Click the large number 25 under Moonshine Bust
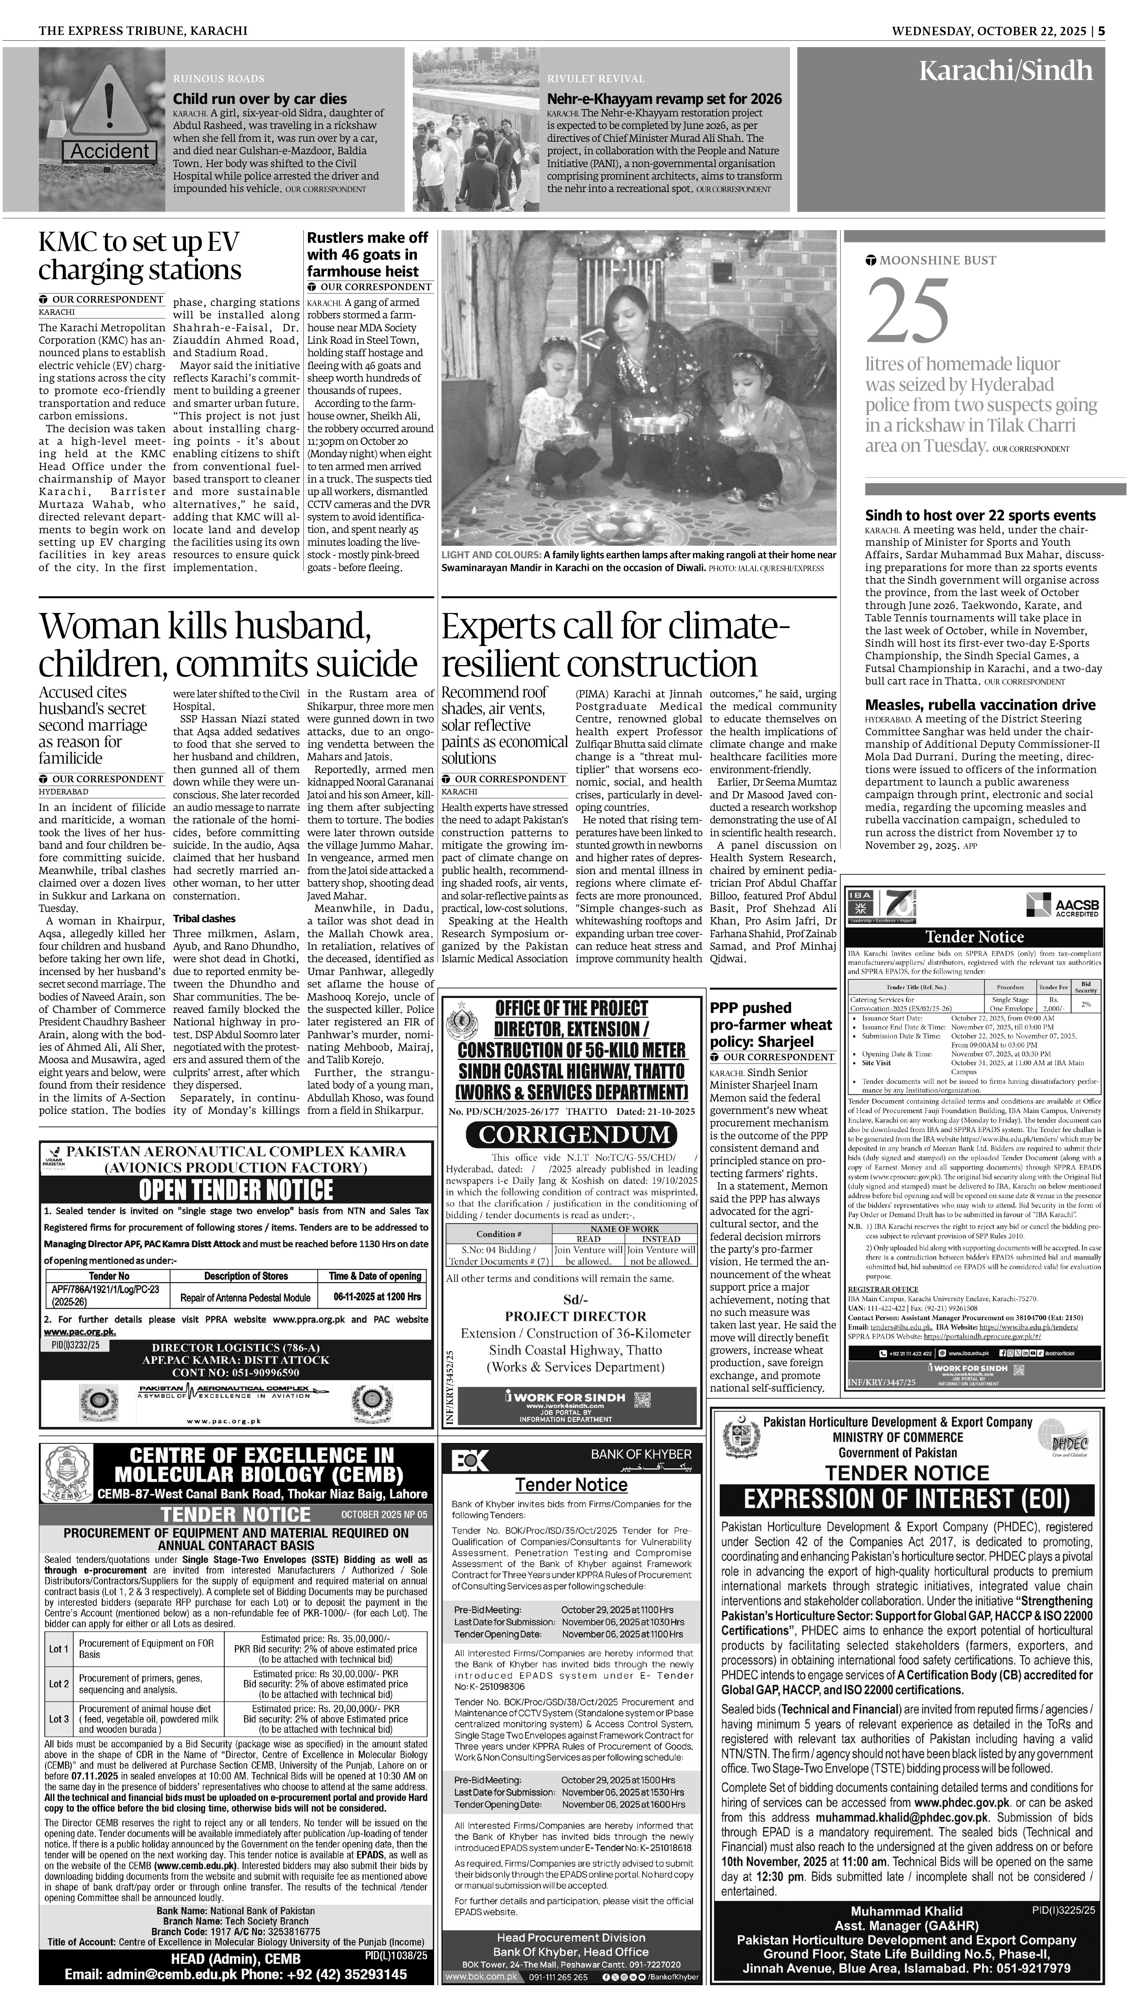(908, 311)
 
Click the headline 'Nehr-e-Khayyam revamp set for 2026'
(664, 98)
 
